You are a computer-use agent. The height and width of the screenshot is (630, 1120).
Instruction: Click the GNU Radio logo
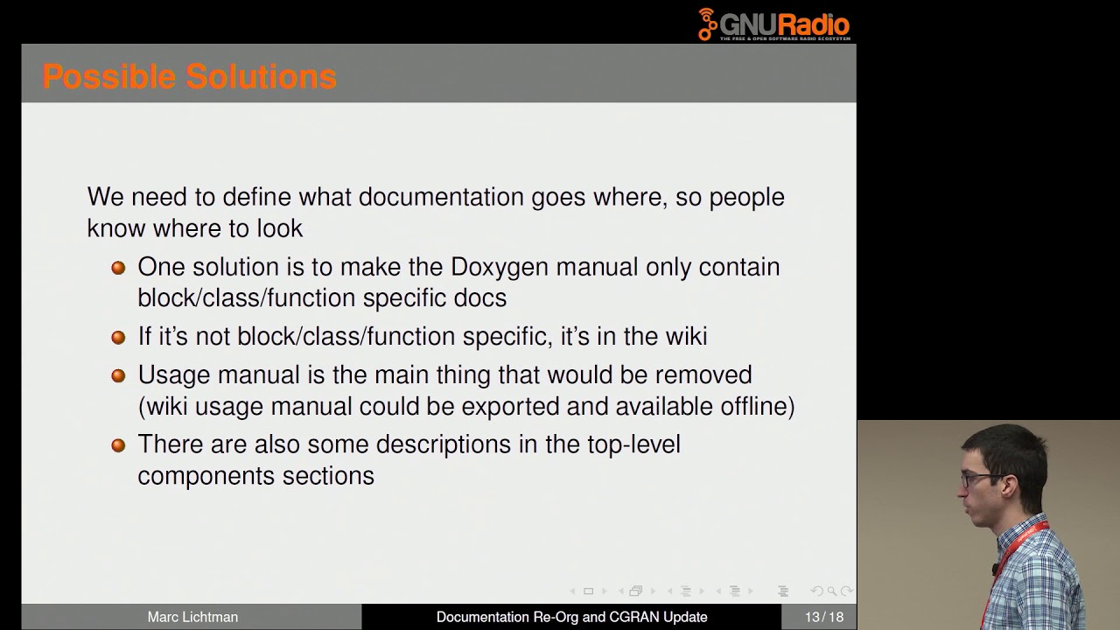(773, 24)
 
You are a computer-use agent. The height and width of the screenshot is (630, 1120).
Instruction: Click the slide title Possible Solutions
(189, 77)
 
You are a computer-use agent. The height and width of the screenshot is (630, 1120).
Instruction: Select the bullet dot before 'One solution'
(119, 268)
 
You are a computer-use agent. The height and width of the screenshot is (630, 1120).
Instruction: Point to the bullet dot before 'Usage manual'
(119, 375)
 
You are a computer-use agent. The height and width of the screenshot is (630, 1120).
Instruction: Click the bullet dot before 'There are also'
(119, 445)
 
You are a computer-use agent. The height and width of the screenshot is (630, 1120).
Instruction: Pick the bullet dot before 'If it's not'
(119, 337)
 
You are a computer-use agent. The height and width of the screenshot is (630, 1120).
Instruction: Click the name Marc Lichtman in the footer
(192, 617)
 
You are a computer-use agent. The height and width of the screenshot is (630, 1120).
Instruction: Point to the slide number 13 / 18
(824, 617)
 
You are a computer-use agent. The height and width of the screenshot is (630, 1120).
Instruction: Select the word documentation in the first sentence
(441, 197)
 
